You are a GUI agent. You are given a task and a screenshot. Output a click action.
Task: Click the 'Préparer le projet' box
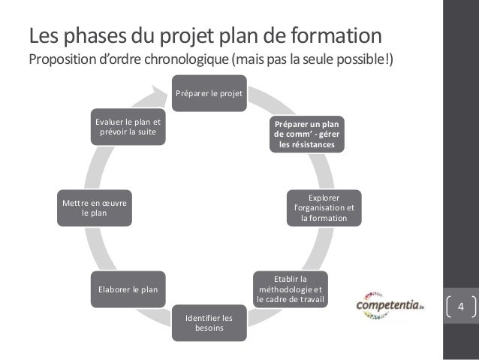click(x=209, y=93)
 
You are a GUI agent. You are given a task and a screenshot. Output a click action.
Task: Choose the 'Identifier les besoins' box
click(x=209, y=323)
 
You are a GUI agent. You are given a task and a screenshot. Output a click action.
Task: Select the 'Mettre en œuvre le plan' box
click(x=95, y=207)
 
